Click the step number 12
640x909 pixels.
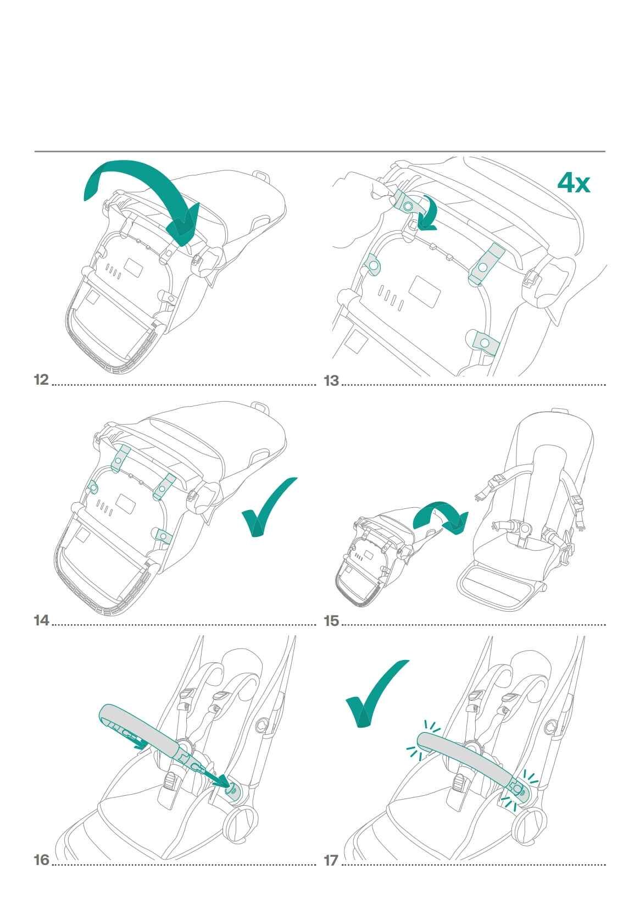point(41,380)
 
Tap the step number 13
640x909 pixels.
point(331,381)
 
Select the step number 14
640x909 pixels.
point(41,620)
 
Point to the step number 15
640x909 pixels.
point(331,621)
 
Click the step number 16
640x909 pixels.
point(41,860)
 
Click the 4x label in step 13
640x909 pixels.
point(574,182)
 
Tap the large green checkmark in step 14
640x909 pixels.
point(269,507)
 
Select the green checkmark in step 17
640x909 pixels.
point(377,694)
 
